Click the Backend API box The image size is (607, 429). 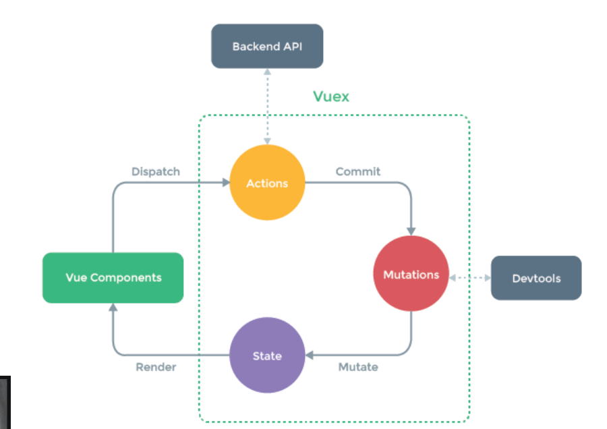click(267, 46)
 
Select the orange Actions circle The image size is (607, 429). click(267, 182)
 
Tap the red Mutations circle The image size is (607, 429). click(411, 273)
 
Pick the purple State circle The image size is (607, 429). click(267, 355)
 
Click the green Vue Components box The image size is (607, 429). click(113, 278)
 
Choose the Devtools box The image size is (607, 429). click(536, 278)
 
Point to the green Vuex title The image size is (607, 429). click(331, 96)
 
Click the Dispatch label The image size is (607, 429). click(156, 171)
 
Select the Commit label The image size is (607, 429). click(358, 171)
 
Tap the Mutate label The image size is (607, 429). click(358, 367)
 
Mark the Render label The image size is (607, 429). click(156, 367)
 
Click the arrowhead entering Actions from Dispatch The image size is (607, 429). click(226, 182)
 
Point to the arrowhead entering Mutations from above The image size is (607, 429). click(411, 231)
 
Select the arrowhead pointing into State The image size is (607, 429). click(310, 355)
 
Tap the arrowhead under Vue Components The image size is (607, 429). click(113, 307)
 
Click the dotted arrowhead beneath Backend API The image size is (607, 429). click(267, 71)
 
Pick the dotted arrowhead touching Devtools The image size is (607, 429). click(488, 278)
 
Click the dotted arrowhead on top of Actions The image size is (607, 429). click(267, 142)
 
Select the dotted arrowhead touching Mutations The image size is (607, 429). click(453, 278)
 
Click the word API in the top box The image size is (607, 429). click(293, 47)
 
